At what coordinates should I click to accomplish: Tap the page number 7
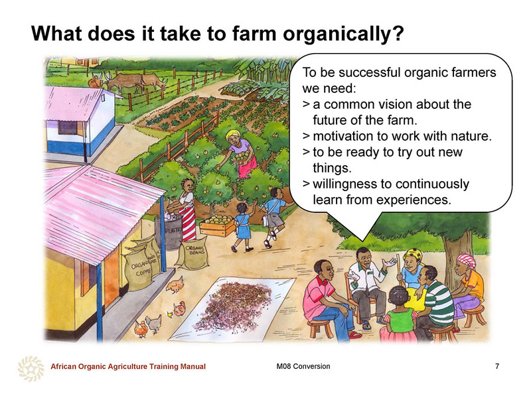point(496,366)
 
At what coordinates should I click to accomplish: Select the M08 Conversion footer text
point(303,366)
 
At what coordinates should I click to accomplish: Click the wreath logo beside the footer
point(31,368)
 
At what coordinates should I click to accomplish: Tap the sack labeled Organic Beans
point(193,253)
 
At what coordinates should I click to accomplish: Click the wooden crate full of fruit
point(217,226)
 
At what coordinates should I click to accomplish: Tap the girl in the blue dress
point(242,227)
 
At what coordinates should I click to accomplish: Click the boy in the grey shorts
point(274,217)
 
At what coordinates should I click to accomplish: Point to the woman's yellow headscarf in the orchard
point(233,135)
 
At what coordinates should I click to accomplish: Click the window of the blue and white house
point(68,127)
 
